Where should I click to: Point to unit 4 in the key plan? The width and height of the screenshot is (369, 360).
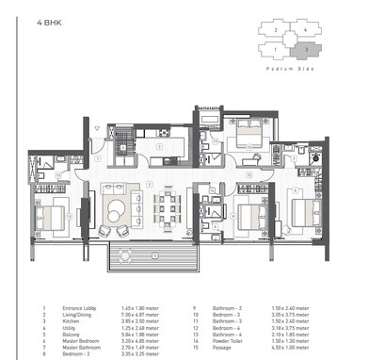pos(306,32)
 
